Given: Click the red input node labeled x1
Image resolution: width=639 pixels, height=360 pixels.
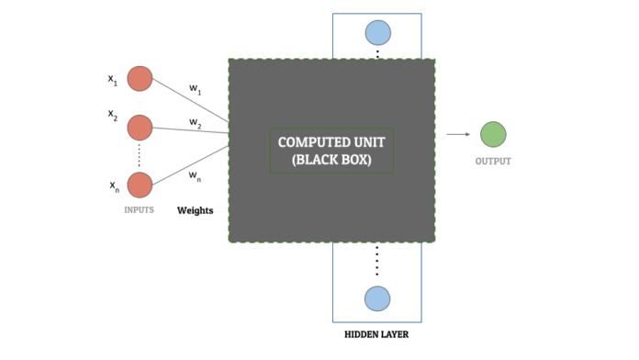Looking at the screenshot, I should [x=140, y=79].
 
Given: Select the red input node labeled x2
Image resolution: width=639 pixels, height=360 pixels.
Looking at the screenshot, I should [x=140, y=126].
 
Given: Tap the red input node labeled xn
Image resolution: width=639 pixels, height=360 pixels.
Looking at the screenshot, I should [x=140, y=185].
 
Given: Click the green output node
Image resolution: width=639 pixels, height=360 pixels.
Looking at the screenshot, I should [x=493, y=134].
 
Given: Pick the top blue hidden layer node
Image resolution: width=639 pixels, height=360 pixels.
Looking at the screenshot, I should [x=377, y=33].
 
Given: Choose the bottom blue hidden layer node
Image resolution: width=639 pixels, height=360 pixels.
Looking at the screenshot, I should [x=376, y=298].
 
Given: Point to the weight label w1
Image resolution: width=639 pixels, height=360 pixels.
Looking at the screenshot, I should [x=196, y=89].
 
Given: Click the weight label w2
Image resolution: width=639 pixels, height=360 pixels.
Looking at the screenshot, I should [x=196, y=122].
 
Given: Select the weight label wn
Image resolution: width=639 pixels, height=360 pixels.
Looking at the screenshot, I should [x=196, y=174].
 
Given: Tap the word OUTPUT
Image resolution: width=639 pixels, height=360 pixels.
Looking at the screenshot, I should [x=493, y=162].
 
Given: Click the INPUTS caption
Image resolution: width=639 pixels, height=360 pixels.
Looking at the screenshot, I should [x=139, y=210].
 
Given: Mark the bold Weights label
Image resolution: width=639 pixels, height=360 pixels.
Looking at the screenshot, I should [x=195, y=210].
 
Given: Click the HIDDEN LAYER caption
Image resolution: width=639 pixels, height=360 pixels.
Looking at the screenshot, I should [x=376, y=335].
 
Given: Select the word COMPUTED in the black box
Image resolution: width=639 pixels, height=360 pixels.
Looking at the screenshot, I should [x=309, y=142].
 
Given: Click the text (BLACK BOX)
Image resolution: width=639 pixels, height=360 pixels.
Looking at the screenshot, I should [x=331, y=160].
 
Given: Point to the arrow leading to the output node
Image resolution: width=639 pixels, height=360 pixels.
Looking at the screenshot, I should [x=457, y=134].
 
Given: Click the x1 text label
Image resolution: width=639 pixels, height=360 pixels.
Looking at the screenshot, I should [x=113, y=80].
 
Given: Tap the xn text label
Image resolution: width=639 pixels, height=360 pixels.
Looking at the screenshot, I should [x=114, y=186].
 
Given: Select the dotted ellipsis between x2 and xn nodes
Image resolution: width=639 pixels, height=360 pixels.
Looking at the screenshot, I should [x=140, y=153].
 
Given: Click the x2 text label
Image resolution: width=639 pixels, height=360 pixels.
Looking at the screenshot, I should [x=113, y=117].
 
